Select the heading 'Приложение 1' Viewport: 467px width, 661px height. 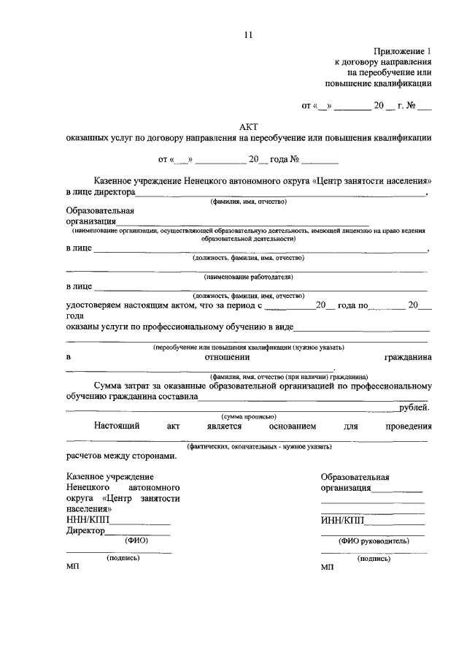[x=403, y=51]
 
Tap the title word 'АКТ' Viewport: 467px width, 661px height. [x=248, y=126]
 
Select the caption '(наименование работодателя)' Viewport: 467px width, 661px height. [x=248, y=278]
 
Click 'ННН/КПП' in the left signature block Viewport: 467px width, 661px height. [x=85, y=520]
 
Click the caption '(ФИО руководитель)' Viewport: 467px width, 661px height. [x=373, y=541]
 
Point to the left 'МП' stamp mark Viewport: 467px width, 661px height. [x=72, y=568]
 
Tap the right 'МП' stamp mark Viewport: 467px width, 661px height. [x=326, y=568]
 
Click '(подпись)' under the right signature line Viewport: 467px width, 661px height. [x=373, y=558]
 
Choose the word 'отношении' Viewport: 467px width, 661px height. [x=228, y=357]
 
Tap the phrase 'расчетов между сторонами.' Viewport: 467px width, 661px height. [x=120, y=456]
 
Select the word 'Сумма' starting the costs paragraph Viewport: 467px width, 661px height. [x=109, y=385]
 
